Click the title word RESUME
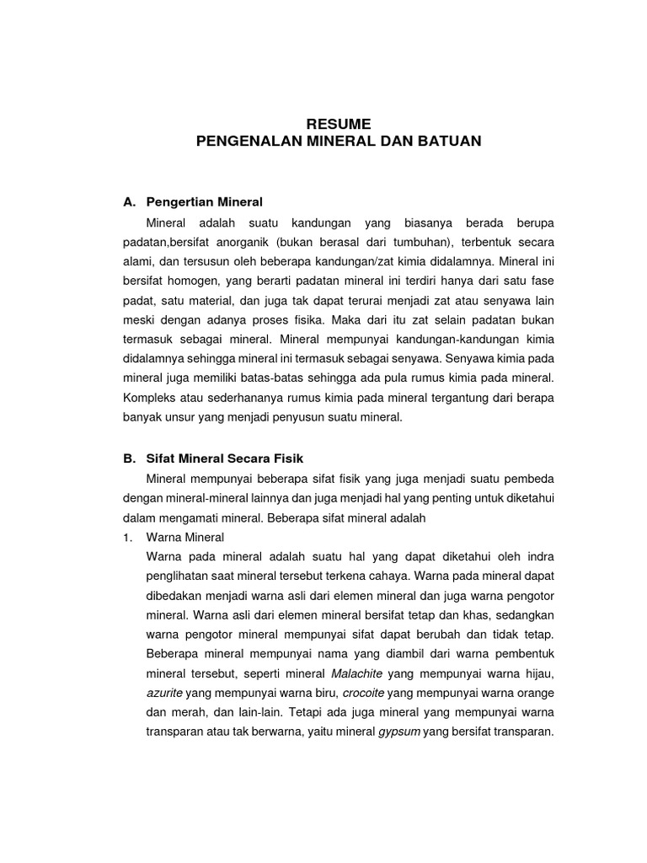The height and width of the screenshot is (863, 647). (338, 124)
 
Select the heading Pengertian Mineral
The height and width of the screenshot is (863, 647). (205, 202)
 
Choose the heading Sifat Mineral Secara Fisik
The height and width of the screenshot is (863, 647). (224, 458)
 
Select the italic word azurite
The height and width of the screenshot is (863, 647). (164, 693)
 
